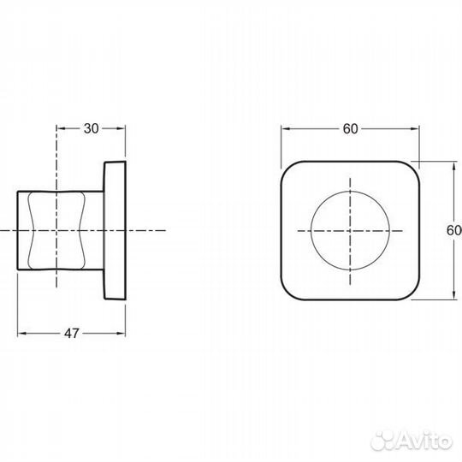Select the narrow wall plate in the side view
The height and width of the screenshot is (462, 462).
tap(115, 229)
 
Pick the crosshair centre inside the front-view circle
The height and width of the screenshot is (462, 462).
tap(351, 229)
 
